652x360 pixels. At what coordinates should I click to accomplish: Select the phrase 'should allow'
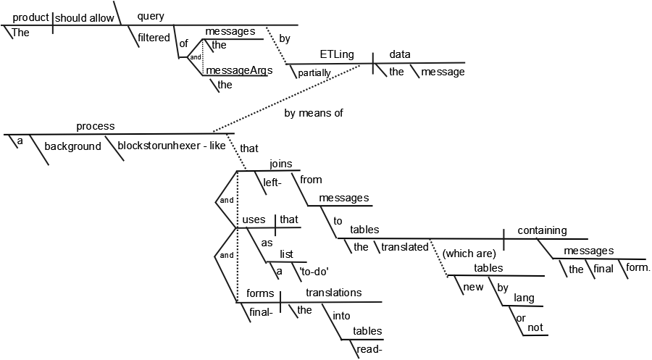[84, 18]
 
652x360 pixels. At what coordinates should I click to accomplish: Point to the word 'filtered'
[154, 37]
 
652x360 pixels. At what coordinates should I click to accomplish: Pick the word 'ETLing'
[336, 54]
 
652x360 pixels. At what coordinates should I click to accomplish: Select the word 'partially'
[313, 72]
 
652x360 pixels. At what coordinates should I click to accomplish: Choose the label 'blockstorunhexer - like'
[171, 146]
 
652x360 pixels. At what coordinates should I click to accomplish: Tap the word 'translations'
[333, 293]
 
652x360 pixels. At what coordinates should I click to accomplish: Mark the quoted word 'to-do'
[314, 272]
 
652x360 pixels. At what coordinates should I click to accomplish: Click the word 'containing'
[541, 230]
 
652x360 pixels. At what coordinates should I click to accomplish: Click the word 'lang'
[524, 297]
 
